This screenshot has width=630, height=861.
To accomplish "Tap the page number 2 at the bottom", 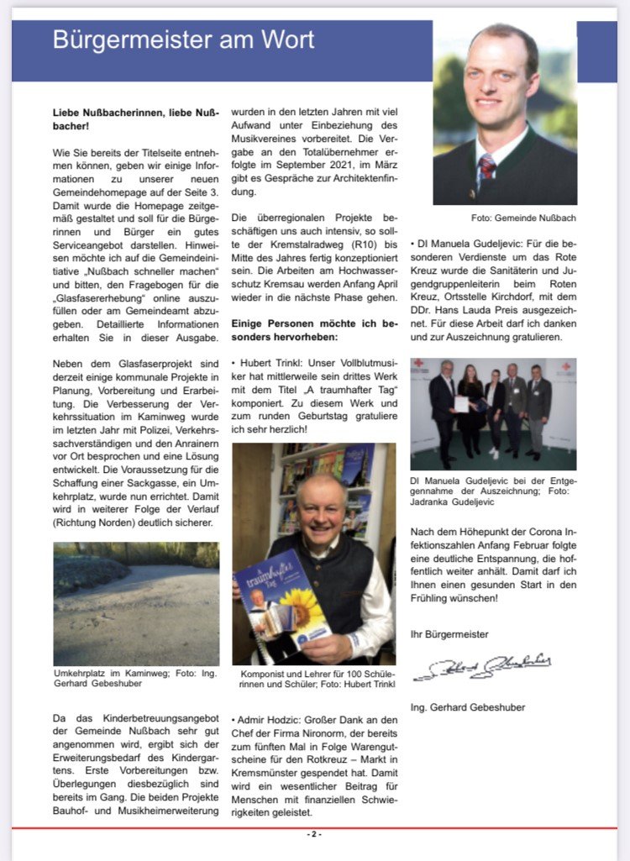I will (x=314, y=834).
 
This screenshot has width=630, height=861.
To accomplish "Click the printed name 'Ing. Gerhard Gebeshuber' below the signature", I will (x=467, y=707).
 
